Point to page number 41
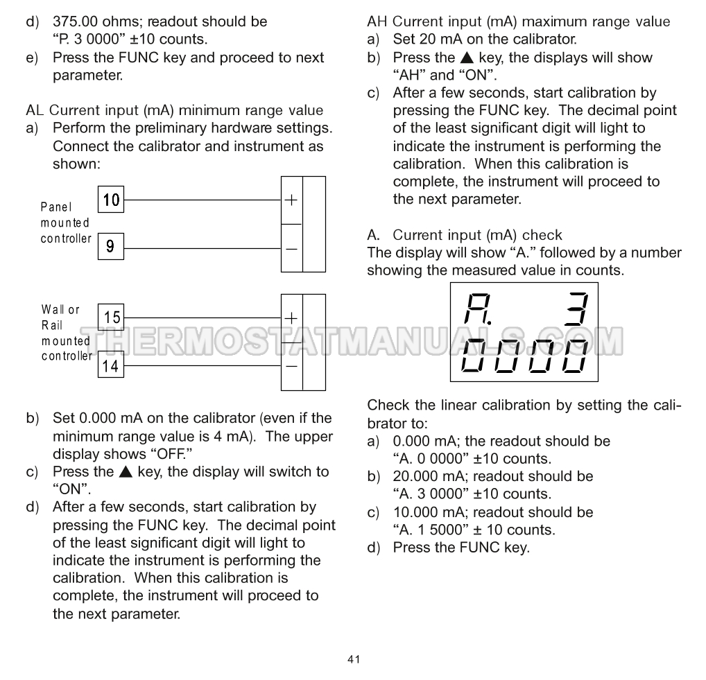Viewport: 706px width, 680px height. [354, 659]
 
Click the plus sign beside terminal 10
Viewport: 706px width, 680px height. [291, 200]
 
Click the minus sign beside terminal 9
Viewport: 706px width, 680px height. [291, 247]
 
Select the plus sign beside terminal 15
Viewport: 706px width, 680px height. [291, 318]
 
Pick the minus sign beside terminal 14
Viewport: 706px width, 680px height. [291, 365]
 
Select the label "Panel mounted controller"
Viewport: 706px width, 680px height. [65, 223]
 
